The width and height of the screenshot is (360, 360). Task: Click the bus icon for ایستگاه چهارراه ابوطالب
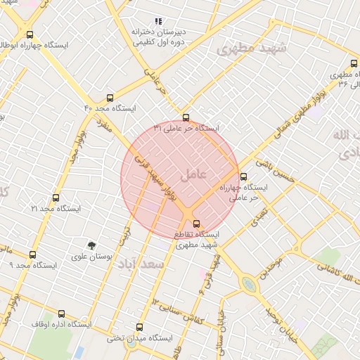point(29,34)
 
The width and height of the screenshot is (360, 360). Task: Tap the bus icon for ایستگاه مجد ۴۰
point(110,98)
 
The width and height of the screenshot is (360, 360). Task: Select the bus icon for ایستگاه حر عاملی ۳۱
point(186,117)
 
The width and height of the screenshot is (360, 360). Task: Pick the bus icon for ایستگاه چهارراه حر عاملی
point(243,177)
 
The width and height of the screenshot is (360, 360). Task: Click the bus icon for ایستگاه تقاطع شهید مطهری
point(196,223)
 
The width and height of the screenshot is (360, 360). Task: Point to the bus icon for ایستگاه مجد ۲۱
point(56,198)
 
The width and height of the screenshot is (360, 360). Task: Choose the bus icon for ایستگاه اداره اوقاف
point(61,314)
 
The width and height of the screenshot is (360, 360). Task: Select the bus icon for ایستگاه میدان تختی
point(139,327)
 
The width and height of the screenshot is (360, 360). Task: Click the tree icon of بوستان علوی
point(91,245)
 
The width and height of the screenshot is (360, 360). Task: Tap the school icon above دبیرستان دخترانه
point(158,22)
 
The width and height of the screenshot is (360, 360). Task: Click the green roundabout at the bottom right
point(250,284)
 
